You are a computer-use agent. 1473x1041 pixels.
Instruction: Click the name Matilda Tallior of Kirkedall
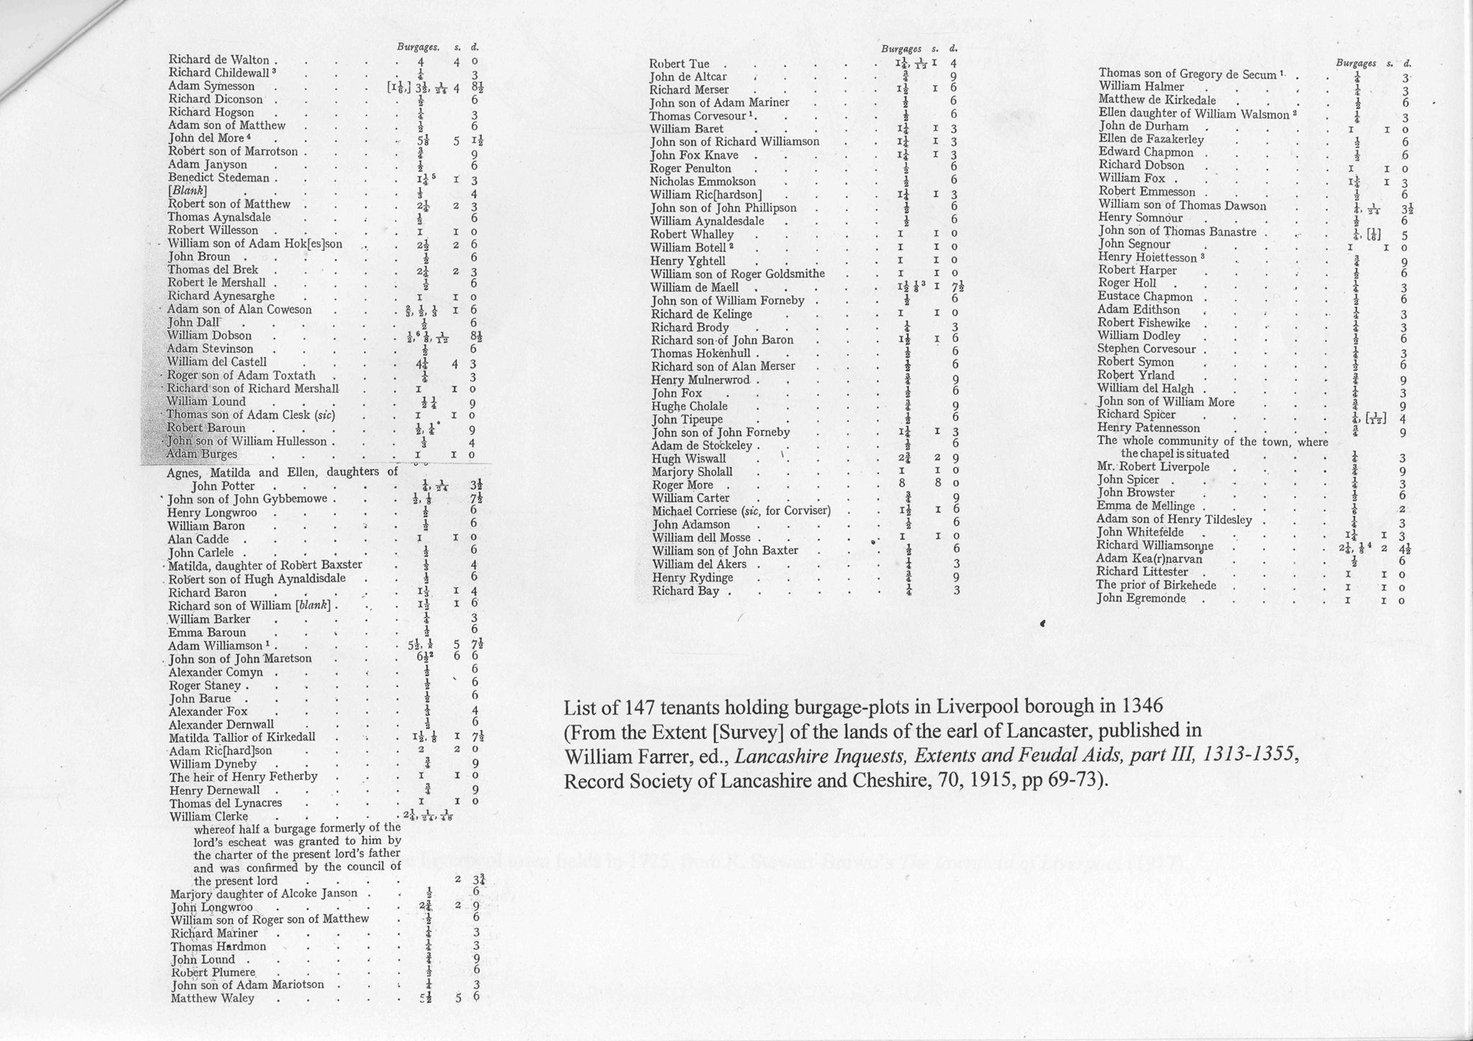tap(242, 737)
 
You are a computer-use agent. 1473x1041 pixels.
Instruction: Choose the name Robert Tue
tap(679, 64)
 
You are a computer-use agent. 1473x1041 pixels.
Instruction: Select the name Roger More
tap(683, 485)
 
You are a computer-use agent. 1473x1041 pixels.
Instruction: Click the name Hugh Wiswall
tap(688, 459)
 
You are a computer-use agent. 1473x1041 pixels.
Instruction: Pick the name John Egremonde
tap(1141, 599)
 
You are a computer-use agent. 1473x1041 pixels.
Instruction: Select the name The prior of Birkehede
tap(1156, 585)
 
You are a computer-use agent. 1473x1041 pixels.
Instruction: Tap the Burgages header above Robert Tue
tap(901, 49)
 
